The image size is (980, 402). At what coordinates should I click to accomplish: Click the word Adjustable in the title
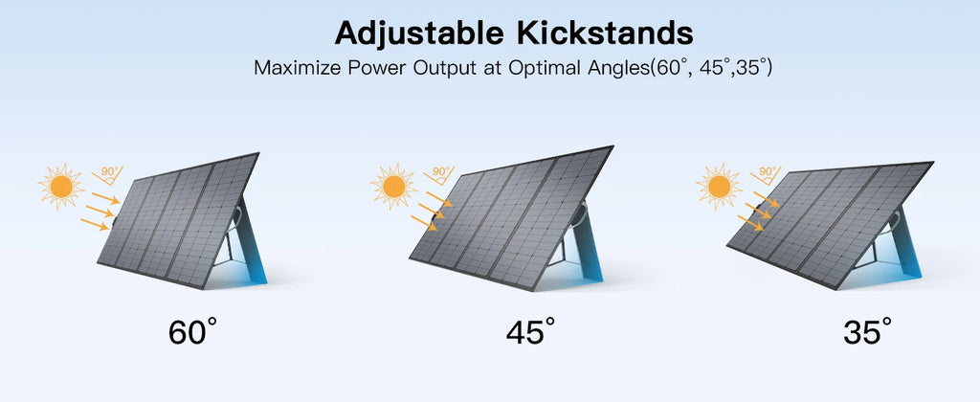point(418,33)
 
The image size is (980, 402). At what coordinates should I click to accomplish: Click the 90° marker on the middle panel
point(440,174)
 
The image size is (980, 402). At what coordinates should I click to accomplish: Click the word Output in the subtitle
point(440,70)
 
